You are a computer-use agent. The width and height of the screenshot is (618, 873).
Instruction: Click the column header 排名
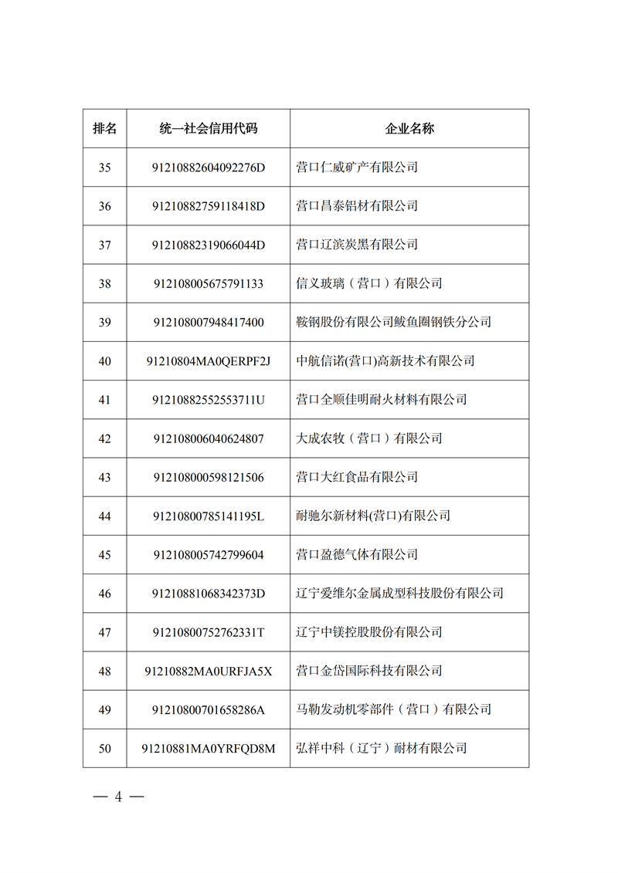[105, 128]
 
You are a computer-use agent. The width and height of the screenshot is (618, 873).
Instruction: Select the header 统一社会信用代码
[209, 128]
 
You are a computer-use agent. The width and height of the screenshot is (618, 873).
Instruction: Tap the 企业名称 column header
[409, 128]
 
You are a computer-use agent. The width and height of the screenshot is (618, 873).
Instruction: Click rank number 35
[105, 167]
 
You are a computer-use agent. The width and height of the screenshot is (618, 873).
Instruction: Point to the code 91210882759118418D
[209, 206]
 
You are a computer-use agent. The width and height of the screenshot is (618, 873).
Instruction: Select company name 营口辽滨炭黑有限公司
[357, 245]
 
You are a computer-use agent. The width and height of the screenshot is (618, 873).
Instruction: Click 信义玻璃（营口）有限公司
[369, 283]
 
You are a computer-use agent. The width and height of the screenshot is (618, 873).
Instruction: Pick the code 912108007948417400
[209, 322]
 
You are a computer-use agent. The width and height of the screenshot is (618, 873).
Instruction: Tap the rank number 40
[105, 361]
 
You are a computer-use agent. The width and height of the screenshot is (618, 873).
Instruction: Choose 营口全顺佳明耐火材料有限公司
[382, 400]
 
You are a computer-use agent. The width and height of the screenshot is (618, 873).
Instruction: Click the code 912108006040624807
[209, 438]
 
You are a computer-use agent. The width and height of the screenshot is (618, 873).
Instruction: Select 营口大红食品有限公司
[357, 477]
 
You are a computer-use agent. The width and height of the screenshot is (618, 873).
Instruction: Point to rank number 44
[105, 516]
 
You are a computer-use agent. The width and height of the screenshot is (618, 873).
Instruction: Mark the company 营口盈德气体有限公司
[357, 554]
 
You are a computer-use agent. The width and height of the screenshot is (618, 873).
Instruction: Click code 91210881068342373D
[209, 594]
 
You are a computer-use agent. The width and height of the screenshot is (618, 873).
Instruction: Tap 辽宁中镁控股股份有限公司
[369, 632]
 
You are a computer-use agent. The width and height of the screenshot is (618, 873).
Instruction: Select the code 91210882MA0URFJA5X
[209, 671]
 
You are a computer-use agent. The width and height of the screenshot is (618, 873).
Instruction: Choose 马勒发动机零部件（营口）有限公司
[394, 709]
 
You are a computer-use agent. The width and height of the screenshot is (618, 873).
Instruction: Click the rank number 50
[105, 748]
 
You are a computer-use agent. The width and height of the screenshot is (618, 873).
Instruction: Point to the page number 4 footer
[119, 797]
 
